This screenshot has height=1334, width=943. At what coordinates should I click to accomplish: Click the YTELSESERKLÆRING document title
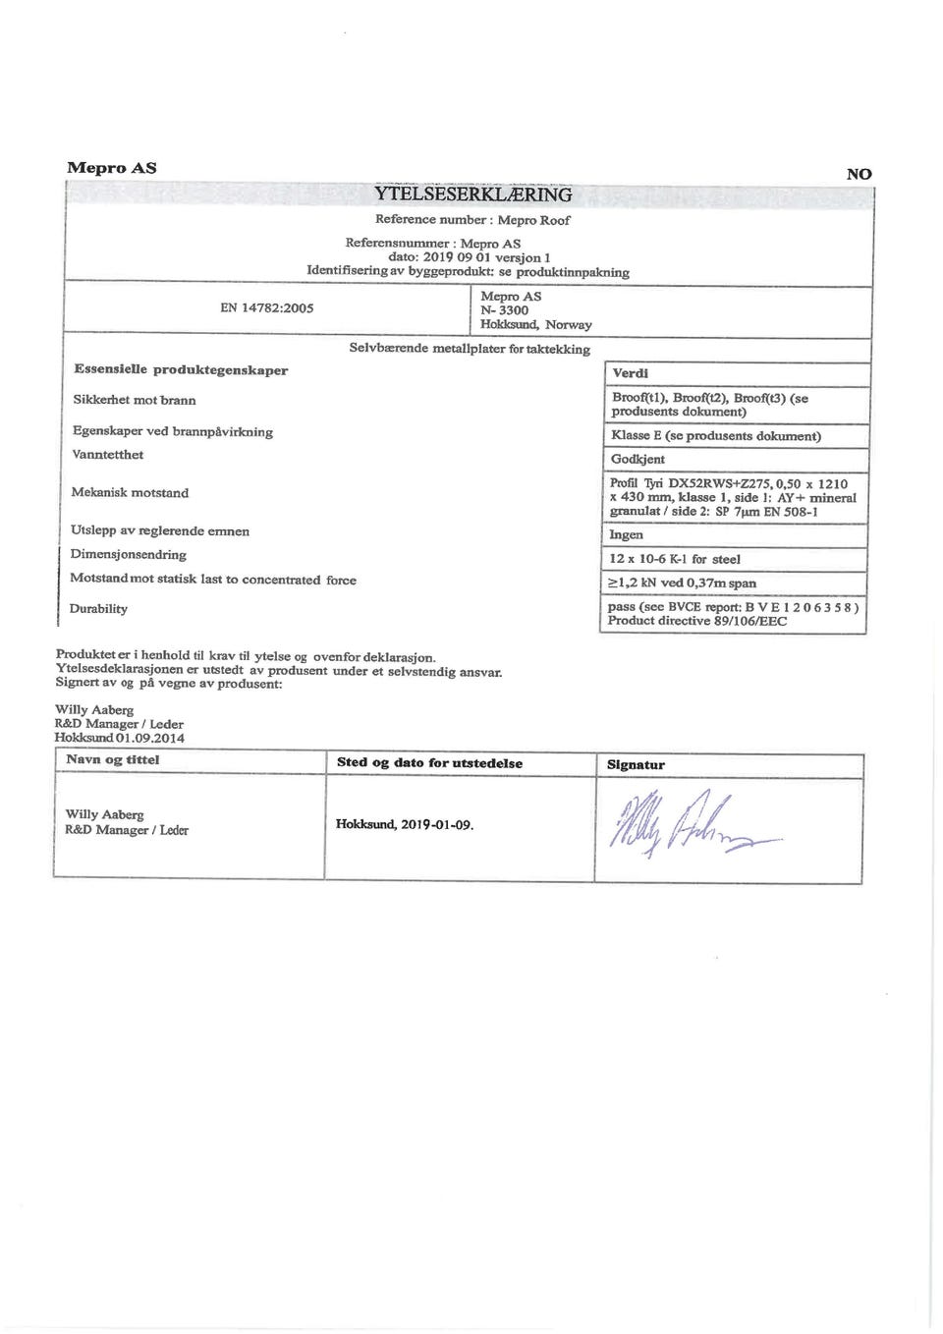coord(472,195)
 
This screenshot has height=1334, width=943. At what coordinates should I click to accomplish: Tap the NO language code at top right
coord(859,174)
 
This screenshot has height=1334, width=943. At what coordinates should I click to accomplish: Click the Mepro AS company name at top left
coord(111,167)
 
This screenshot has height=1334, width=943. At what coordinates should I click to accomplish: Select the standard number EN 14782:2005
coord(267,307)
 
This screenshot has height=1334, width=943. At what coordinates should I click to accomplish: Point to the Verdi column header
coord(630,373)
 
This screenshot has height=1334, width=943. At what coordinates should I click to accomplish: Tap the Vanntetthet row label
coord(108,455)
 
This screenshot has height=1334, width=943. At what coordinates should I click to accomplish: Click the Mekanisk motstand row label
coord(130,492)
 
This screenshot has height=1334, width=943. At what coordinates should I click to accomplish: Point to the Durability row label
coord(98,609)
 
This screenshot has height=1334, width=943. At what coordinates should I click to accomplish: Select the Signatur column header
coord(636,764)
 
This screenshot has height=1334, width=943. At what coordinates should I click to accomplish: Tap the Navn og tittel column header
coord(112,759)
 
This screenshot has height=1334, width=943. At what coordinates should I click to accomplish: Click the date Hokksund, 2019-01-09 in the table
coord(405,825)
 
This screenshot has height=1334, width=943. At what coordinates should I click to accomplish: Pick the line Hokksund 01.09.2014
coord(119,738)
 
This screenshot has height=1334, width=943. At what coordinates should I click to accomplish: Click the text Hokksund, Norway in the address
coord(535,324)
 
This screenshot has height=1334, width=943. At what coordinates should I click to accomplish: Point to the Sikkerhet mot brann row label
coord(134,400)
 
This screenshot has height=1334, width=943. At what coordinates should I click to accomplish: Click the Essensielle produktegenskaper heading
coord(181,370)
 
